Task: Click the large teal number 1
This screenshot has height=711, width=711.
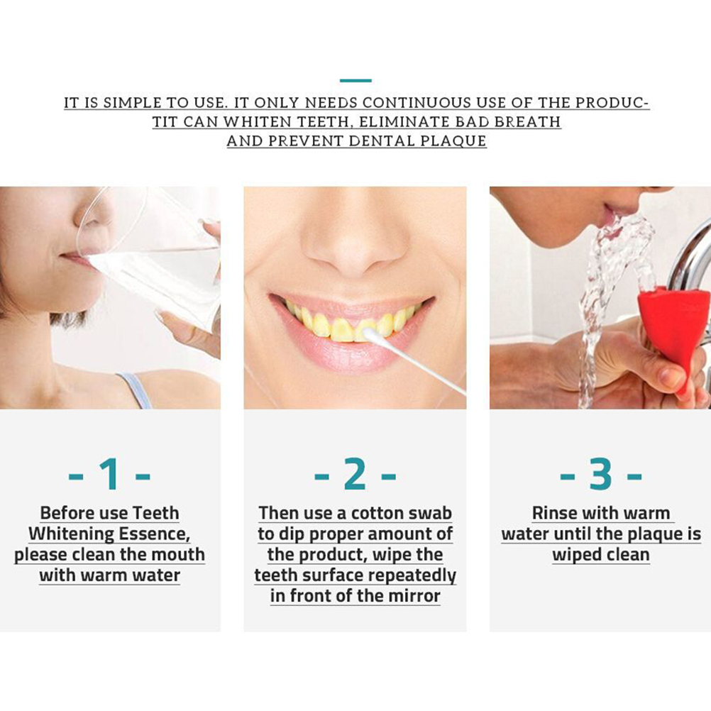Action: [111, 474]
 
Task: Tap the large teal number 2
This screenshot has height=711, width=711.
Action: [355, 474]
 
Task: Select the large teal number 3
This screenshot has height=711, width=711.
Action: [601, 474]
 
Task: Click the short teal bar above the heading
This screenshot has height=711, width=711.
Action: [355, 81]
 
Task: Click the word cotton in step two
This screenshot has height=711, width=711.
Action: [378, 513]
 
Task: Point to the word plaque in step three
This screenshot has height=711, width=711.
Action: [649, 534]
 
